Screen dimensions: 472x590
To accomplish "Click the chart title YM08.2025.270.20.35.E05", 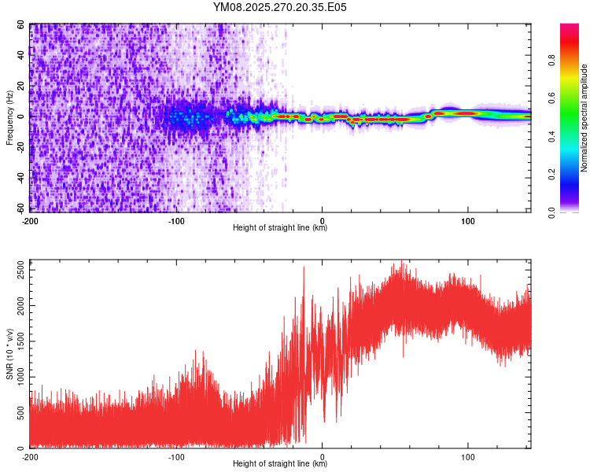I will tap(280, 7).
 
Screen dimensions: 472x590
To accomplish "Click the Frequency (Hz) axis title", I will tap(9, 118).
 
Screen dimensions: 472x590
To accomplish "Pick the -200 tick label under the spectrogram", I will tap(30, 220).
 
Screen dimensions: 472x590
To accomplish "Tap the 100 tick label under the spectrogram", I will tap(468, 220).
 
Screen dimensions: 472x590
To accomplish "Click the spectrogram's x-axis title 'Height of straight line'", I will tap(280, 228).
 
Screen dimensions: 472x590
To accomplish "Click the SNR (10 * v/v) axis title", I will tap(9, 353).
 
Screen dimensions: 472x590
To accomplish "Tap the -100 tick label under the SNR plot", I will tap(176, 456).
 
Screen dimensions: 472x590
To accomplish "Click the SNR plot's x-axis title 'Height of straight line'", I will tap(280, 464).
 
